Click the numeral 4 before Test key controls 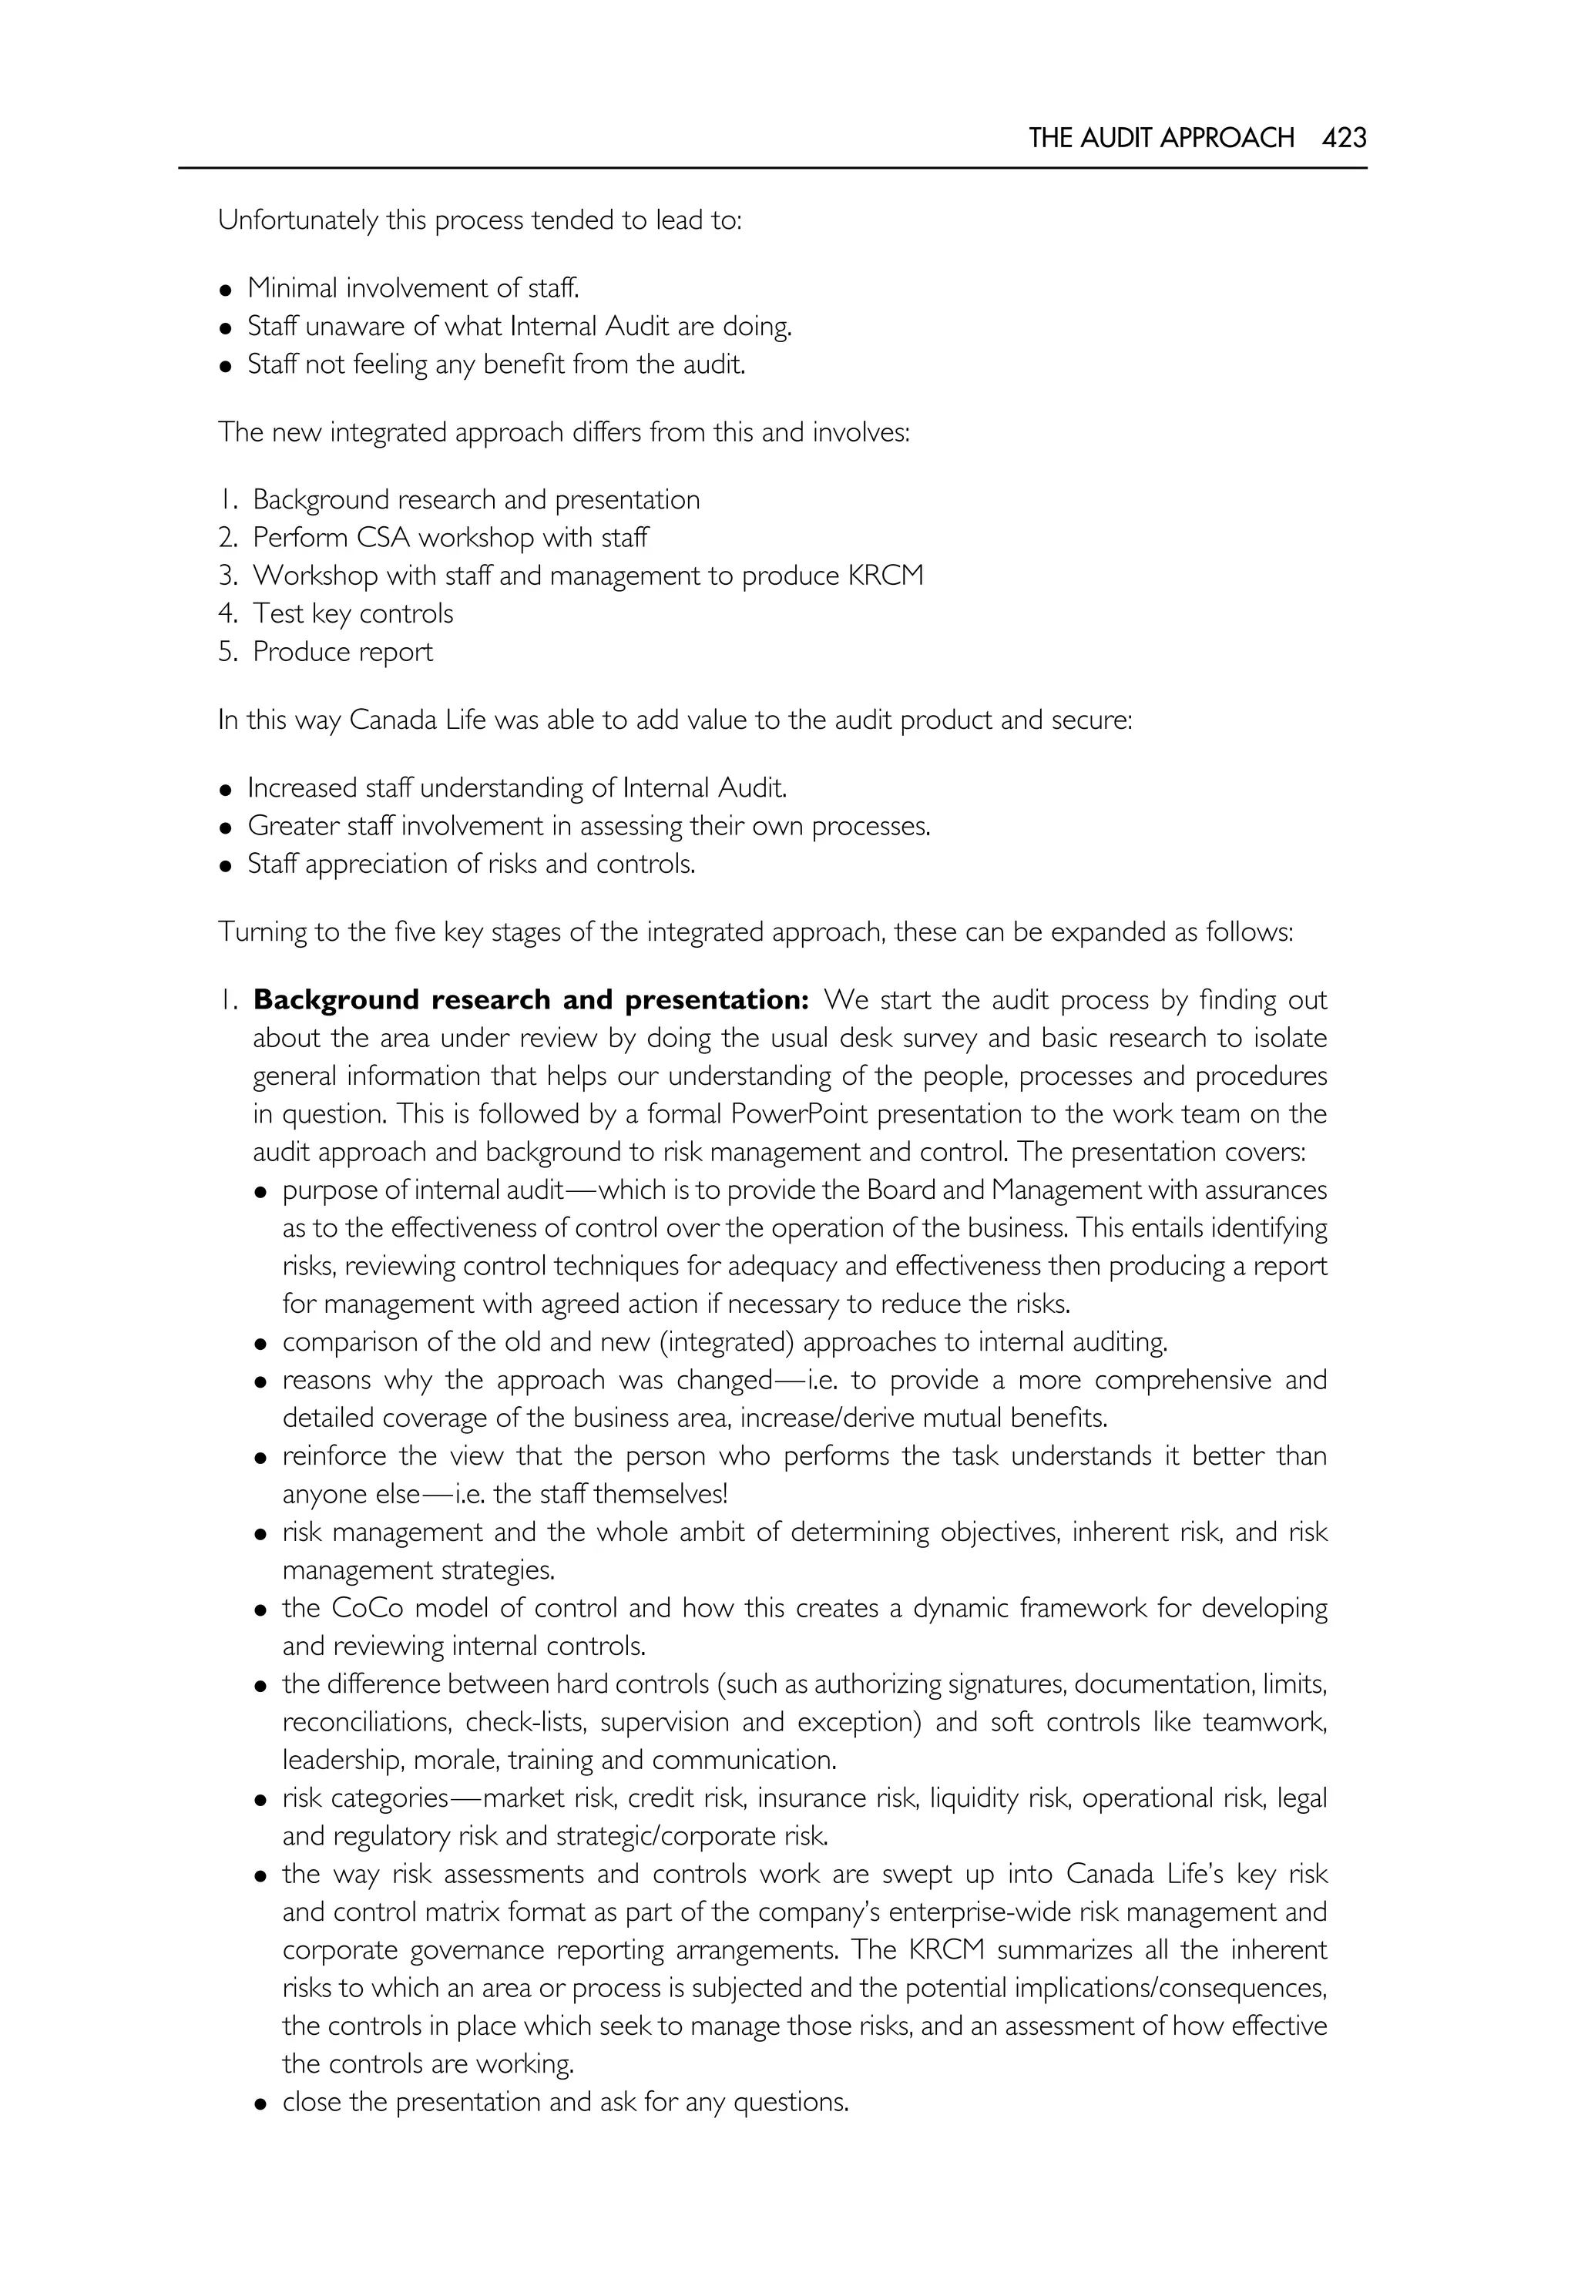226,614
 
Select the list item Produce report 342,653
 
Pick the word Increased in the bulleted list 303,788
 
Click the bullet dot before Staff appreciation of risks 227,866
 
